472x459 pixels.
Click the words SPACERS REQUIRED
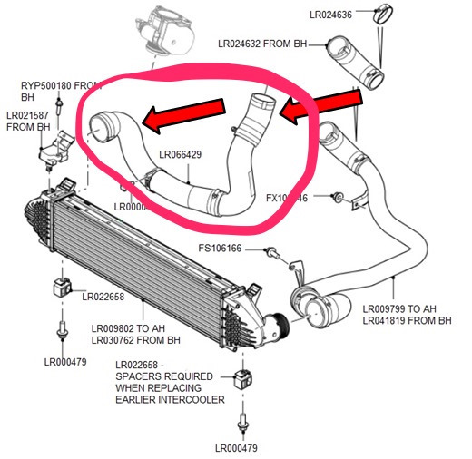pyautogui.click(x=164, y=376)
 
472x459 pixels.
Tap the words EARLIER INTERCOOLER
pyautogui.click(x=170, y=399)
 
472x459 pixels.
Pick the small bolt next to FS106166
pyautogui.click(x=270, y=258)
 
